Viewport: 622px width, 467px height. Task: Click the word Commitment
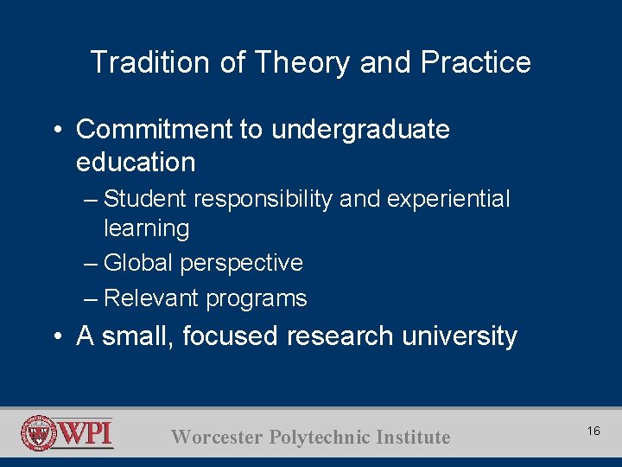[x=154, y=130]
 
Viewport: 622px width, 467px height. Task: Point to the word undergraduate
[x=360, y=130]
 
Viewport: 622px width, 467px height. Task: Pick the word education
[x=136, y=163]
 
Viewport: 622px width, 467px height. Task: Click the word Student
[x=146, y=199]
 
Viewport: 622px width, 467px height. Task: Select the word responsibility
[x=263, y=199]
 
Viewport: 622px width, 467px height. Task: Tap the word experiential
[x=448, y=199]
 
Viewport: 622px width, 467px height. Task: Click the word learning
[x=146, y=229]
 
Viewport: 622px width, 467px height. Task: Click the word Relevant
[x=149, y=298]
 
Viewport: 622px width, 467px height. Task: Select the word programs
[x=257, y=298]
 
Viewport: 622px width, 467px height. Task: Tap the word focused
[x=230, y=336]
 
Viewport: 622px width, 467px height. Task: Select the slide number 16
[x=593, y=431]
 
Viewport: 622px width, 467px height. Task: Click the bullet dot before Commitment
[x=55, y=131]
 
